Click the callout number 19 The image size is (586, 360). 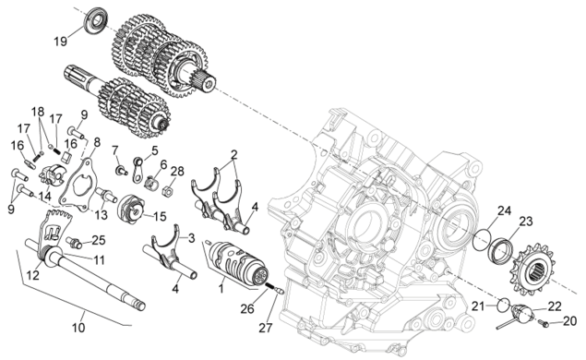coord(60,41)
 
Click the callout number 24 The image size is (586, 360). coord(504,210)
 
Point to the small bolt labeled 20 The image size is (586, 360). coord(544,323)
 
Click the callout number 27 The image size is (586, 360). coord(266,328)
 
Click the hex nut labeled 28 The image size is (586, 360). coord(167,192)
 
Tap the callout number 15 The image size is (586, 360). coord(160,216)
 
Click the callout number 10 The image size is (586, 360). coord(78,328)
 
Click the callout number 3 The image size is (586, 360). coord(191,238)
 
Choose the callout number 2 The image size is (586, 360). coord(234,154)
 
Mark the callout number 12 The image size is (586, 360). coord(33,275)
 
